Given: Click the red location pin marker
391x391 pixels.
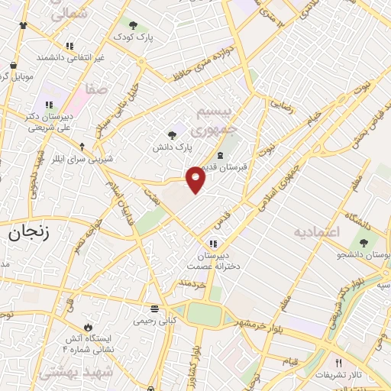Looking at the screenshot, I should (196, 179).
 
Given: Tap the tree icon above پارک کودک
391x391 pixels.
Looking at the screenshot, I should (133, 25).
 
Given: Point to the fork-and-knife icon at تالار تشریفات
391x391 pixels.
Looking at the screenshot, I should (339, 363).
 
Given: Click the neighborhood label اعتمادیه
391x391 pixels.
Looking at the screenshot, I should (319, 231).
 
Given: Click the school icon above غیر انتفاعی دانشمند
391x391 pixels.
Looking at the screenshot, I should (69, 46).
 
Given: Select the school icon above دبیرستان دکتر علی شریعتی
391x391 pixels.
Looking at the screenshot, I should (49, 105).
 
